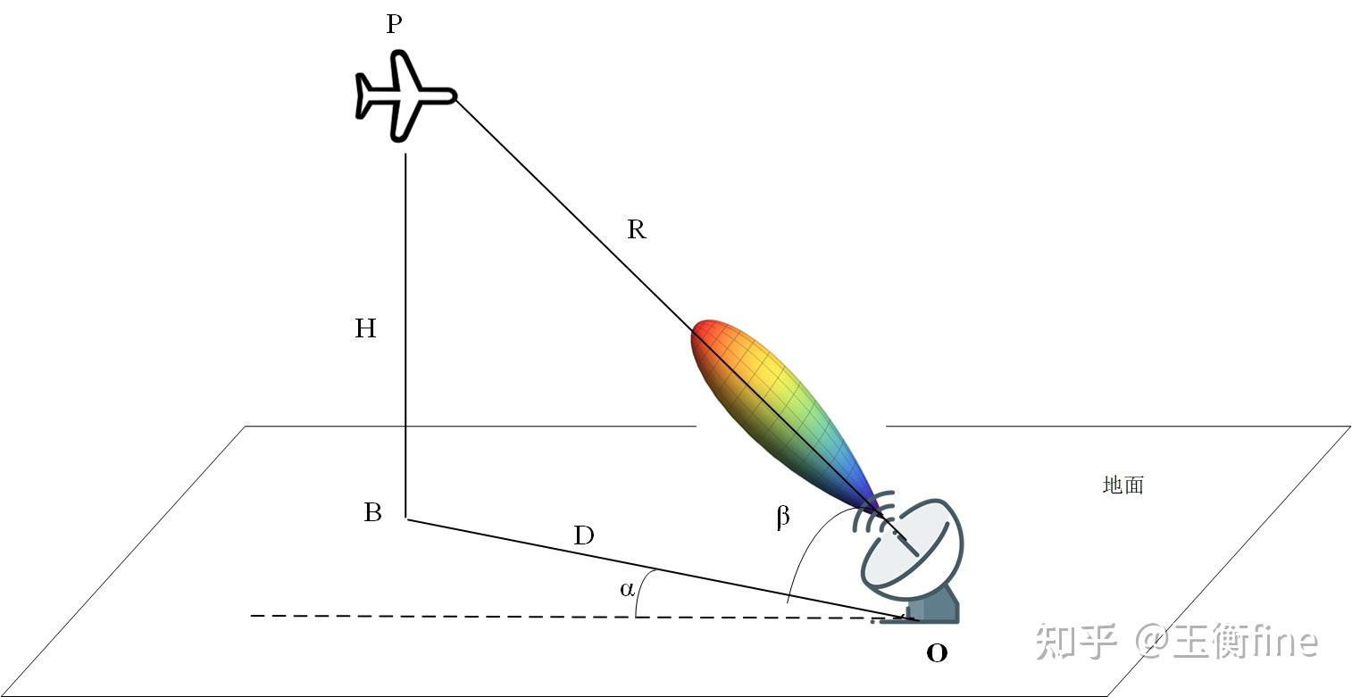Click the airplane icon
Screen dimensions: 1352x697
point(404,95)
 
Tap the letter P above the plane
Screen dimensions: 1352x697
point(394,24)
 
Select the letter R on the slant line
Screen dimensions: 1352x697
point(636,230)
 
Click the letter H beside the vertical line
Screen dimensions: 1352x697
point(365,329)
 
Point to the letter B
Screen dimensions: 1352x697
point(372,513)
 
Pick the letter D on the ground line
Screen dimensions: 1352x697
point(583,536)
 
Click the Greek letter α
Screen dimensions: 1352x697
point(627,589)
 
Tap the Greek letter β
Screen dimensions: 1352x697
point(782,518)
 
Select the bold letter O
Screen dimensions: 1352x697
point(936,653)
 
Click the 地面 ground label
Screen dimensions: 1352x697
point(1122,485)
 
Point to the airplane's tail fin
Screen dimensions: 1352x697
point(366,95)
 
